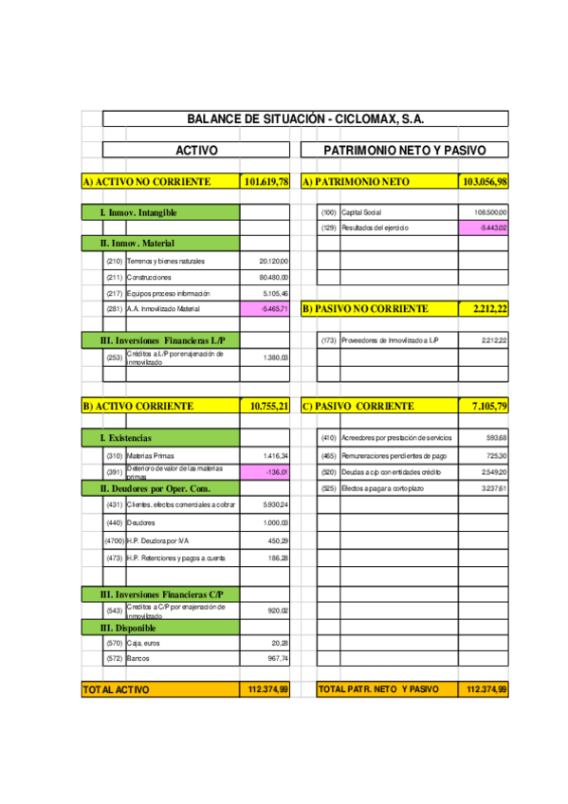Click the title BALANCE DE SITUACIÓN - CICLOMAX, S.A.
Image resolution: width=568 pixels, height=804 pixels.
click(x=304, y=119)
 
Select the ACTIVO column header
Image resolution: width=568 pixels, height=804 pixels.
click(x=196, y=150)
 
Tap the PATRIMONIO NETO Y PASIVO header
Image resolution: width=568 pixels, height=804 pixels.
click(x=404, y=150)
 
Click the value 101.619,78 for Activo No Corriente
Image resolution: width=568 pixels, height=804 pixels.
click(x=266, y=181)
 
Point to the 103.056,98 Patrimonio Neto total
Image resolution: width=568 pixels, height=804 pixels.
click(x=484, y=181)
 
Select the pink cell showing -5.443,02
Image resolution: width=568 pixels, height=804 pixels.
click(x=484, y=228)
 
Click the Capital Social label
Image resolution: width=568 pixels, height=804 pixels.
click(x=360, y=212)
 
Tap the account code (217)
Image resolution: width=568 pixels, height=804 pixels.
click(x=114, y=294)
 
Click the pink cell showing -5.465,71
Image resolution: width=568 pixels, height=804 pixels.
click(x=266, y=309)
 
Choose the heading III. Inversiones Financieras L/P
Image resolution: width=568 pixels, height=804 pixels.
click(x=160, y=340)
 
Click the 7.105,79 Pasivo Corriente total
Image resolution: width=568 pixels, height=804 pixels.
click(x=484, y=406)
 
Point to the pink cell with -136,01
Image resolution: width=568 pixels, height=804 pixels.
click(x=266, y=471)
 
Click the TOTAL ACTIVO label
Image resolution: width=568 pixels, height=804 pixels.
click(x=116, y=689)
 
